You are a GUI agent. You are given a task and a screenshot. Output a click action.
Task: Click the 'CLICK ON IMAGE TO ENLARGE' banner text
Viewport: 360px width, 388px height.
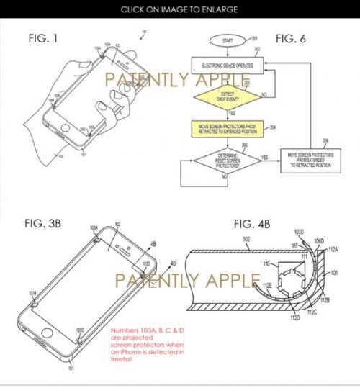(x=180, y=9)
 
